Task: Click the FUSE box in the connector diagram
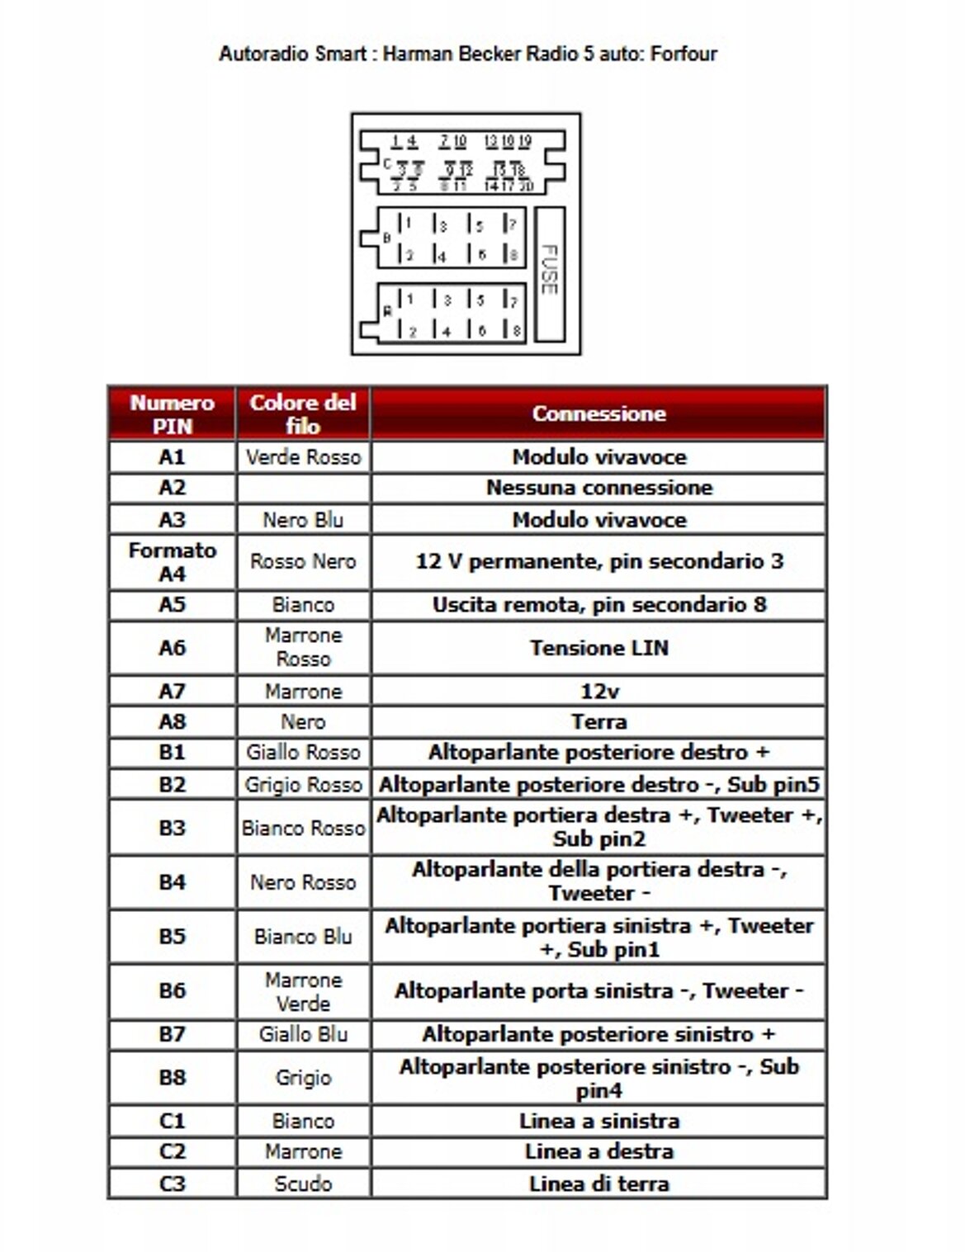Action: (550, 274)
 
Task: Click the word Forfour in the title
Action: (684, 54)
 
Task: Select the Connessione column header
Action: (598, 413)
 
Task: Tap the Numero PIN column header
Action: (172, 413)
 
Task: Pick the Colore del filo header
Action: (303, 413)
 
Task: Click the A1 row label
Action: (172, 456)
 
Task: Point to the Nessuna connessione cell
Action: (598, 488)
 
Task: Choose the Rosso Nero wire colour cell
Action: (303, 561)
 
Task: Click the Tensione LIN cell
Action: (598, 648)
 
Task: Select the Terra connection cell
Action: (598, 722)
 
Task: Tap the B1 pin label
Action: (172, 753)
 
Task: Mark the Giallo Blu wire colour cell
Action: (303, 1034)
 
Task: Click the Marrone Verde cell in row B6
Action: (303, 991)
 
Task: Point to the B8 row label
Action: (172, 1077)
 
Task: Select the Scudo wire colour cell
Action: (303, 1183)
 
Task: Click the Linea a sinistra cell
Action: (598, 1121)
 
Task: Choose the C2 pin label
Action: (172, 1151)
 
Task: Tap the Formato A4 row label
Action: (172, 561)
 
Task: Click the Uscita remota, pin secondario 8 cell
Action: (598, 605)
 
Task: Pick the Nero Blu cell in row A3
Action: (303, 520)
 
